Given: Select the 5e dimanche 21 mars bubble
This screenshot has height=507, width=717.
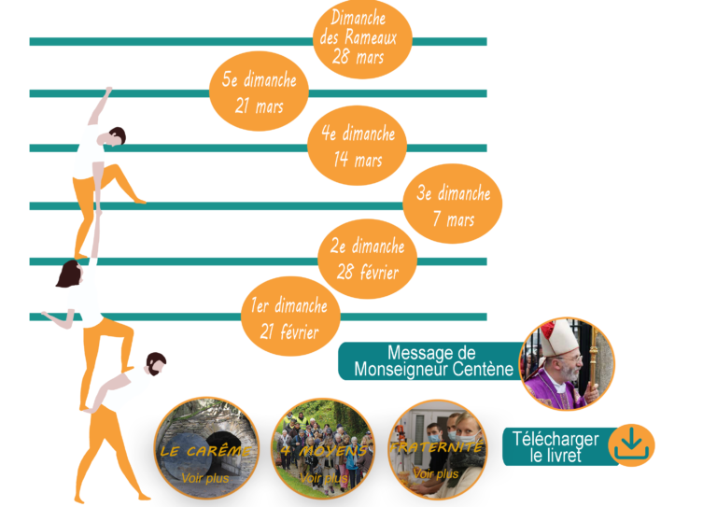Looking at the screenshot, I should pyautogui.click(x=260, y=93).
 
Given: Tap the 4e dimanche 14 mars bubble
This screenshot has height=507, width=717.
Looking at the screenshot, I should pyautogui.click(x=358, y=147).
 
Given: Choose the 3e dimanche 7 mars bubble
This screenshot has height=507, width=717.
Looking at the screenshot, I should pyautogui.click(x=453, y=206).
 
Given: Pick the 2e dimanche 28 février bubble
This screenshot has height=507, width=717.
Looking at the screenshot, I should pyautogui.click(x=368, y=260).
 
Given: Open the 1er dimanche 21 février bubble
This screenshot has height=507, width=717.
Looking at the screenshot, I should pyautogui.click(x=288, y=317).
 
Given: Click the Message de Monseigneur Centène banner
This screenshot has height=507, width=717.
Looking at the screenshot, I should pyautogui.click(x=429, y=361).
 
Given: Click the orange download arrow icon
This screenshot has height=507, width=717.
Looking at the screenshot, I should pyautogui.click(x=631, y=444).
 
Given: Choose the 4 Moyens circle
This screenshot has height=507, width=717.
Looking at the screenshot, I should pyautogui.click(x=322, y=449).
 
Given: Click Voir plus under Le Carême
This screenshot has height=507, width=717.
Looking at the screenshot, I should pyautogui.click(x=205, y=479).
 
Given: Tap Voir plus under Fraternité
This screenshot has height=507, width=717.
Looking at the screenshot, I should pyautogui.click(x=436, y=473).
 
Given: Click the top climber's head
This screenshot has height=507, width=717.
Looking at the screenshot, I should pyautogui.click(x=115, y=136).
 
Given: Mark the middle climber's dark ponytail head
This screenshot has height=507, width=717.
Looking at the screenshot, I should pyautogui.click(x=69, y=275).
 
